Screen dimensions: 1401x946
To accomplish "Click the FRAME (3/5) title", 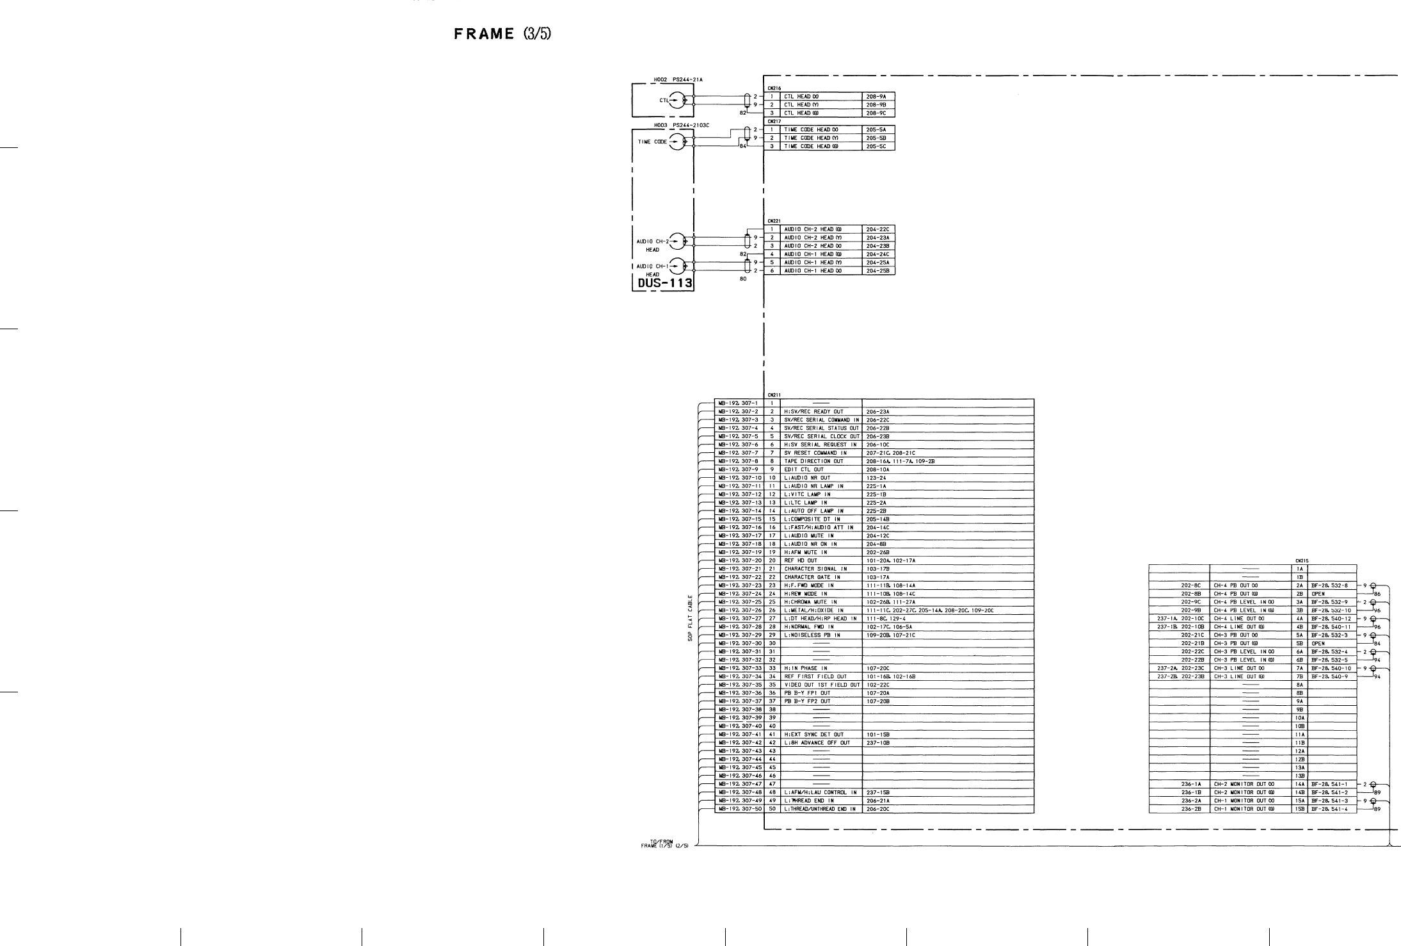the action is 502,34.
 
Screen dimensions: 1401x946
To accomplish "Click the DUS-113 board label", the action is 662,282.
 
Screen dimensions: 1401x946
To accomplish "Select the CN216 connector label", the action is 773,88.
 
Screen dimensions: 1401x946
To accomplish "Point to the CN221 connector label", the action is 773,222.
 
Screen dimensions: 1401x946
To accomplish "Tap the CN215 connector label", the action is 1301,560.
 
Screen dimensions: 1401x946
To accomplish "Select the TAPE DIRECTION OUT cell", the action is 813,461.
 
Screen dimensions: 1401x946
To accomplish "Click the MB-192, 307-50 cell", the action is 739,809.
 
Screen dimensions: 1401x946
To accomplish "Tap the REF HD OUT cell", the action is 801,560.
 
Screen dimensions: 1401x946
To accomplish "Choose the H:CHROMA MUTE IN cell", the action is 809,602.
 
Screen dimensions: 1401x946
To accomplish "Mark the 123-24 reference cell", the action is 876,478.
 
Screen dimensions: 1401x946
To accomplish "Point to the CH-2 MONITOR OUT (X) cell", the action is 1239,784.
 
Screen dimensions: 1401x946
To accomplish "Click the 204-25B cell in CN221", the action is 877,271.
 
